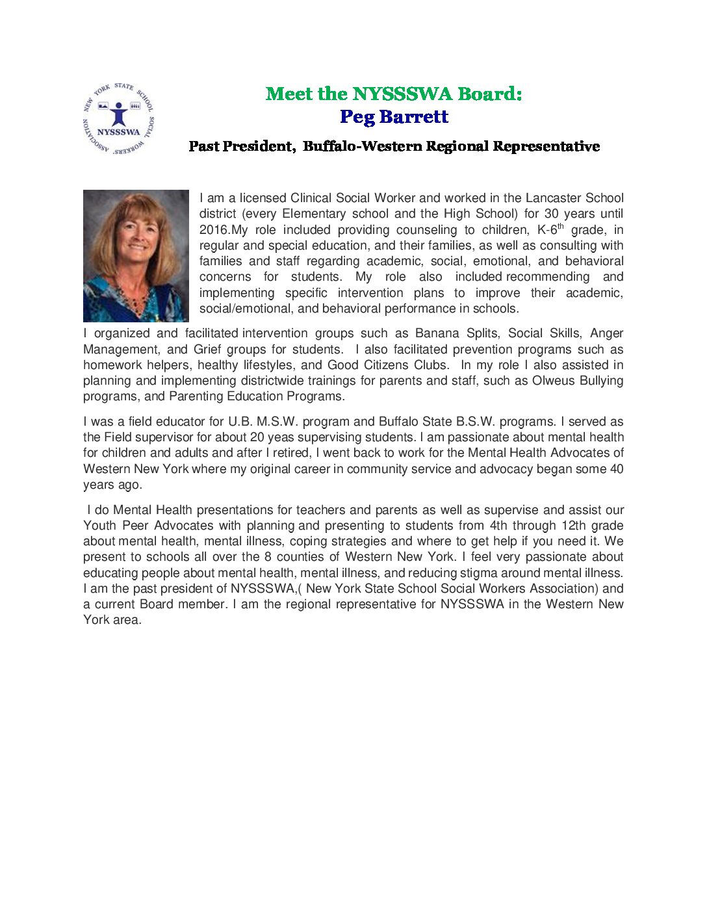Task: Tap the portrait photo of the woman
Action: [x=136, y=255]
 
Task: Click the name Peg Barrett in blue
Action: [x=394, y=117]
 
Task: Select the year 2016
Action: [x=214, y=230]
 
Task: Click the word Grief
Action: [x=207, y=349]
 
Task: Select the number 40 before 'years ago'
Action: [x=617, y=469]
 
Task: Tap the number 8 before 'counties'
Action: [x=268, y=557]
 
